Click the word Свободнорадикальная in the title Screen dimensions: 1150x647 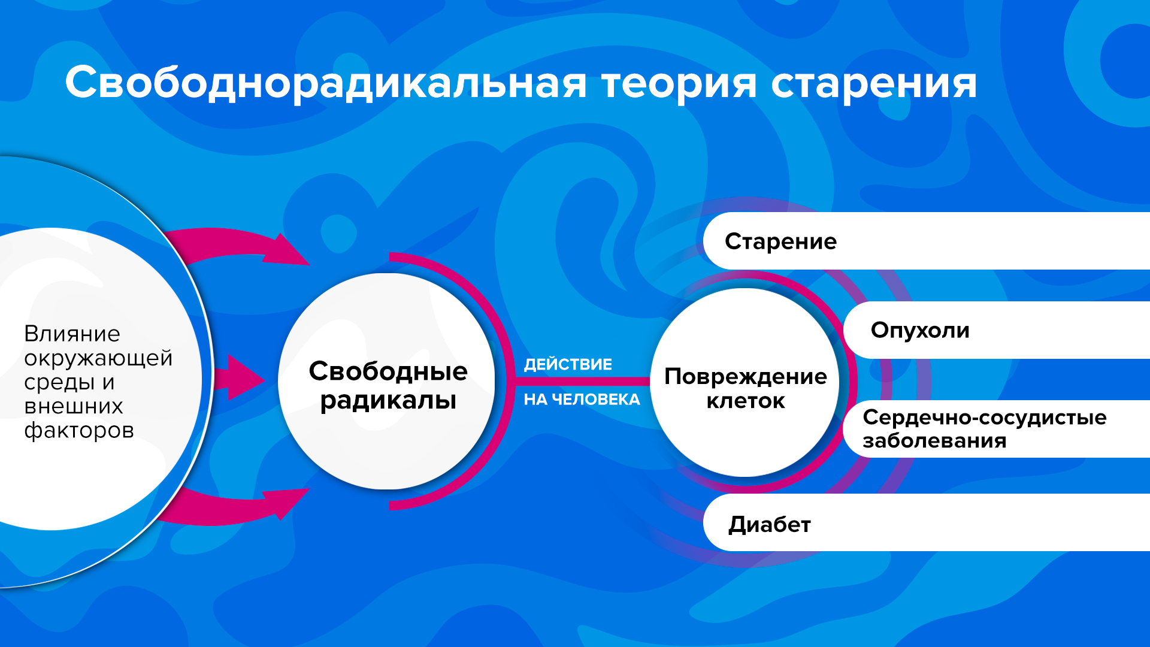pos(326,83)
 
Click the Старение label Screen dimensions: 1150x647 pos(780,241)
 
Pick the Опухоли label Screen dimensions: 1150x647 pos(920,330)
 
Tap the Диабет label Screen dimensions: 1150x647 pos(770,524)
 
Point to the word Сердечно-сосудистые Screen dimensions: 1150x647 pos(985,417)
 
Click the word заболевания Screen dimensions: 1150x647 pos(934,441)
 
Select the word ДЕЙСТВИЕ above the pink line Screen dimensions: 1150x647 pos(568,364)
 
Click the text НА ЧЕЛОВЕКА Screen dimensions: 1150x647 pos(582,399)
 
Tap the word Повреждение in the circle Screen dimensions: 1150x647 pos(746,376)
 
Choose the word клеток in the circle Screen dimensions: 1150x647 pos(746,401)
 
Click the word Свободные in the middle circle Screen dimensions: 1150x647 pos(388,371)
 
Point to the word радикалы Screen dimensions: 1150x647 pos(388,400)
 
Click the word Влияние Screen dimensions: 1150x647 pos(72,334)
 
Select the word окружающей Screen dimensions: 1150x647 pos(98,358)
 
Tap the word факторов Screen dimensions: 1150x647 pos(79,431)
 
